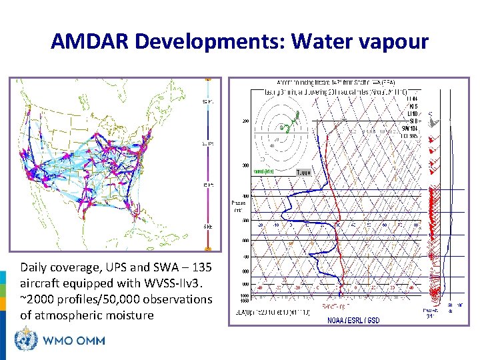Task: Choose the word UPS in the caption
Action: [x=115, y=267]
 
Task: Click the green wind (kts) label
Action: [x=263, y=171]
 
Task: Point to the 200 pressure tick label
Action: [x=245, y=121]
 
